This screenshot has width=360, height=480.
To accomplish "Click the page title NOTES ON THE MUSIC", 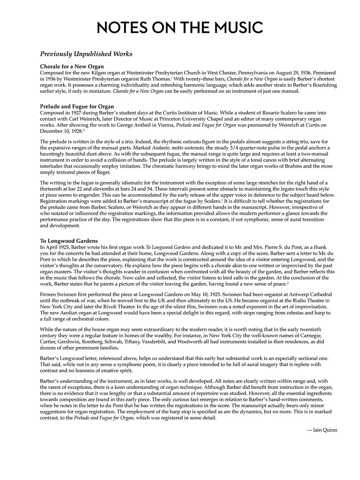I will [x=180, y=27].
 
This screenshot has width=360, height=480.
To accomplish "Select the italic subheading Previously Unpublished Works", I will [x=86, y=54].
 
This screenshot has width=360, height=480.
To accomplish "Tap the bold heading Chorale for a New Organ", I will [x=72, y=67].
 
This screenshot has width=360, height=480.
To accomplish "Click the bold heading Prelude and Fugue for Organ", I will [x=77, y=107].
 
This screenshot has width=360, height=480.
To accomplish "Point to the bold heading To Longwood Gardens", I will [x=69, y=241].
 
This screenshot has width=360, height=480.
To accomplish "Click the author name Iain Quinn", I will [x=322, y=430].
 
